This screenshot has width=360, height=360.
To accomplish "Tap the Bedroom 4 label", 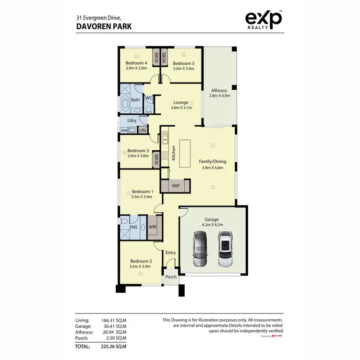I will pos(136,63).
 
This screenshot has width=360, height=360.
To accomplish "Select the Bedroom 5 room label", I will pos(183,63).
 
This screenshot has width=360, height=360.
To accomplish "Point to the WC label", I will pos(149,98).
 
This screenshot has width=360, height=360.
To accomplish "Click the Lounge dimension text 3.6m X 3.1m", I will pos(181,108).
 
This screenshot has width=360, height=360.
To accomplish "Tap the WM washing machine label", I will pos(124,130).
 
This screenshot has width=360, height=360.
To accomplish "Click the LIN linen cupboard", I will pos(142,130).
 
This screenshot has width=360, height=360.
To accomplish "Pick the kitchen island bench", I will pos(185,154).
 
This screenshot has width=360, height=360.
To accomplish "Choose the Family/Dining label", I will pos(213,161).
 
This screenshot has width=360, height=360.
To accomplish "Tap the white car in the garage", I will pos(225,249).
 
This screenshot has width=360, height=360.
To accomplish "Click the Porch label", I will pos(171,277).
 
